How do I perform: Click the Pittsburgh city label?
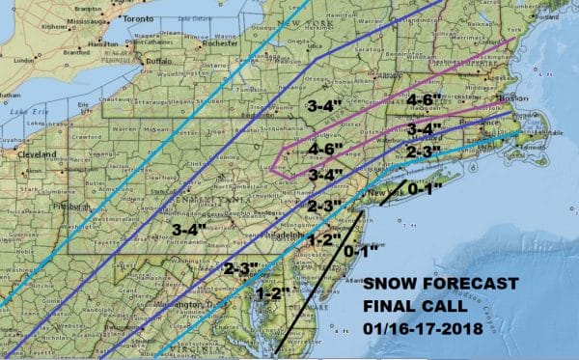(48, 206)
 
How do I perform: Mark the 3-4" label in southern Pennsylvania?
(190, 229)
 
